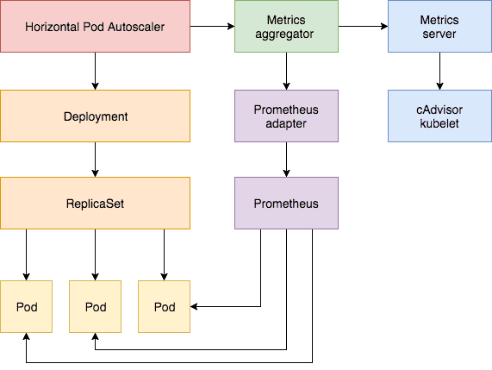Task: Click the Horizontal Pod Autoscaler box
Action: point(95,28)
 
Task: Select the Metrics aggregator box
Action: point(285,28)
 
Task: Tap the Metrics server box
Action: point(439,28)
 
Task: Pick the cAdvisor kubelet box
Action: point(439,116)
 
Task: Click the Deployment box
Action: point(95,116)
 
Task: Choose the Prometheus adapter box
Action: point(285,116)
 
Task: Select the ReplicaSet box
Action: point(95,204)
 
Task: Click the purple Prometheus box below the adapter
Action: point(285,204)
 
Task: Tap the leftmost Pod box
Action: point(26,307)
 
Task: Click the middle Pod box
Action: point(95,307)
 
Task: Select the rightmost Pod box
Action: point(164,307)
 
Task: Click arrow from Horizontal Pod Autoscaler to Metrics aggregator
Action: point(211,28)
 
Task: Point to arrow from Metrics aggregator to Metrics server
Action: point(362,28)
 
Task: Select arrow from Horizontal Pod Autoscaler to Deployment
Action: point(95,72)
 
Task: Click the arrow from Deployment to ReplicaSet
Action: point(95,160)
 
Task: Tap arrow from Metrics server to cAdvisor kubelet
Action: point(439,72)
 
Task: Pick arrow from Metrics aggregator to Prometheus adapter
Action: point(285,72)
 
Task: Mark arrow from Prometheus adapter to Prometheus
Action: point(285,160)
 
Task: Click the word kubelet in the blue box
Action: point(439,123)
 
